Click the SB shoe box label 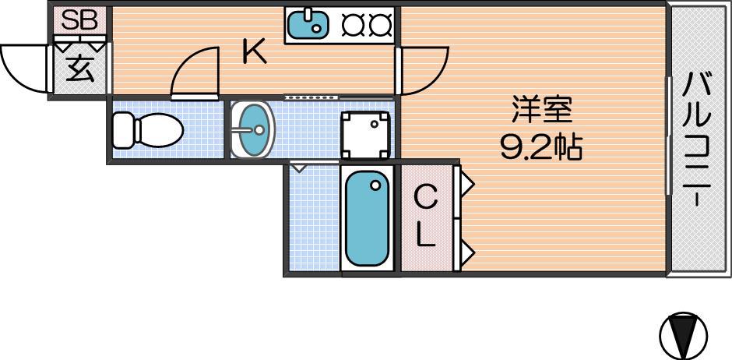pos(79,20)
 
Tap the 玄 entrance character pos(80,69)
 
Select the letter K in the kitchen pos(255,52)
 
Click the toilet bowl pos(159,130)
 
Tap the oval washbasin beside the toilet pos(252,129)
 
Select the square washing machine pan pos(365,136)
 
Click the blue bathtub pos(368,219)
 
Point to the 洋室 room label pos(541,110)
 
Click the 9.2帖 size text pos(541,147)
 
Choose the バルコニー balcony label pos(698,140)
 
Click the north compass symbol pos(684,336)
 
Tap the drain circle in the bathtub pos(375,185)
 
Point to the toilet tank pos(124,130)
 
